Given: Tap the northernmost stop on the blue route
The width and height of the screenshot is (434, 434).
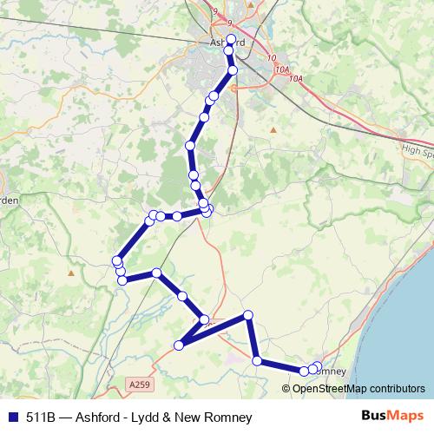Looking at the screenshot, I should [231, 38].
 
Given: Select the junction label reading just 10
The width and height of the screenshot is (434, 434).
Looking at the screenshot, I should [273, 58].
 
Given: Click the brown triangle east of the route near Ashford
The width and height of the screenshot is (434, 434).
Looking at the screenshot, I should [273, 130].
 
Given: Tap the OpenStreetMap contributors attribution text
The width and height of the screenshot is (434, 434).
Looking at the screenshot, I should [358, 388].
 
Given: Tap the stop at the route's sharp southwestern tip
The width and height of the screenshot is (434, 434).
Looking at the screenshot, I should [180, 345].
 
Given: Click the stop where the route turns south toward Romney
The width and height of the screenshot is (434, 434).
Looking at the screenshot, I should [248, 314].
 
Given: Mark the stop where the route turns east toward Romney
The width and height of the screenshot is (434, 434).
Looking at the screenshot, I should [257, 360].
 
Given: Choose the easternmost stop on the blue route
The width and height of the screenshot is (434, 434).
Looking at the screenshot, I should [317, 367].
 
